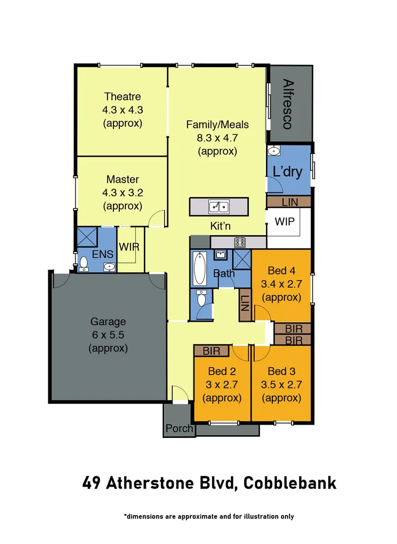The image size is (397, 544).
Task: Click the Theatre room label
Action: [123, 96]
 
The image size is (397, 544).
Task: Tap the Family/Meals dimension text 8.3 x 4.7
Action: [217, 138]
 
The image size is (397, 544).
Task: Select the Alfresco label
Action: [288, 104]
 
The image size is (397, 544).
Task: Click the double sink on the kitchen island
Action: [219, 206]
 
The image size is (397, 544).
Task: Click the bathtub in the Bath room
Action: [200, 268]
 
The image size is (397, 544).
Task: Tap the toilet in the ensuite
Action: [83, 264]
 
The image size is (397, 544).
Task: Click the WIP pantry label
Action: [284, 222]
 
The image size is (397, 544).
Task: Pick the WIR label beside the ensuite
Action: [129, 248]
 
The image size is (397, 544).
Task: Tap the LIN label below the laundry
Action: [289, 202]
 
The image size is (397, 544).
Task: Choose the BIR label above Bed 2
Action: [211, 351]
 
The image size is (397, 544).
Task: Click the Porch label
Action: [179, 428]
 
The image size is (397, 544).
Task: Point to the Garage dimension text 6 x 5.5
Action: [108, 335]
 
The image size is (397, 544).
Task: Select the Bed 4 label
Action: [281, 271]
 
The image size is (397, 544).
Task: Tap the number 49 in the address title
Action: [92, 483]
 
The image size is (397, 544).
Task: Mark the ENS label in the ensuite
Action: [102, 255]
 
